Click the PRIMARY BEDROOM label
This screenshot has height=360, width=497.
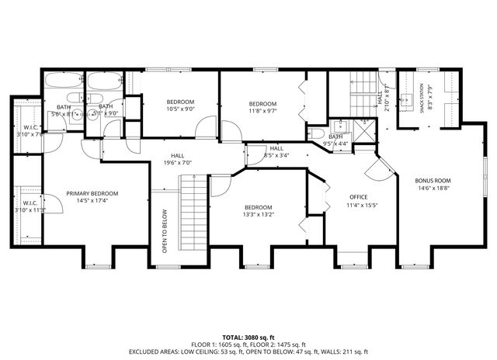[92, 194]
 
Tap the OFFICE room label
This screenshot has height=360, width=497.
[358, 197]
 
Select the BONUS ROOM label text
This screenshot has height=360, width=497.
[433, 181]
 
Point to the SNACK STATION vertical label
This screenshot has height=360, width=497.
[422, 99]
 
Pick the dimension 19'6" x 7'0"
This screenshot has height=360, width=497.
[177, 163]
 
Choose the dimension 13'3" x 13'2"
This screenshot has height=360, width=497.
[258, 215]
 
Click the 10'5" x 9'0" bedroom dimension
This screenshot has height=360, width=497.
[180, 109]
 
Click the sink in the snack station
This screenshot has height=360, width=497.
[406, 99]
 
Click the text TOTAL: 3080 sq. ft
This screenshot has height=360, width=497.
[249, 337]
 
